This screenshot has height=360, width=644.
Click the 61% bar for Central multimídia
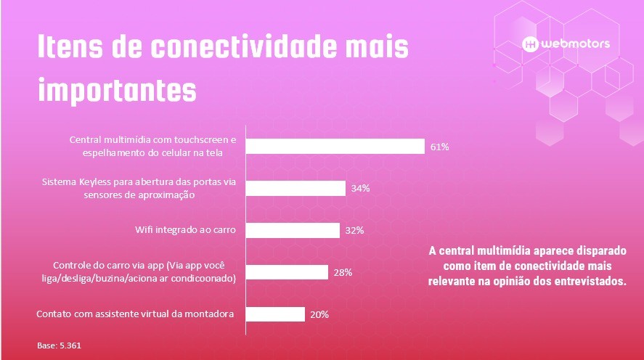point(335,147)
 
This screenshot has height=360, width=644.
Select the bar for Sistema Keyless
point(295,189)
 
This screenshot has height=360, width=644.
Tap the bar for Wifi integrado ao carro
point(293,230)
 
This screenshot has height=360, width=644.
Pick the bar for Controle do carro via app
point(287,272)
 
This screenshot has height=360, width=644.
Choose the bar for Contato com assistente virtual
point(275,314)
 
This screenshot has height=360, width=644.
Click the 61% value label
point(440,147)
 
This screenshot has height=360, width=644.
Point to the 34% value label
point(361,189)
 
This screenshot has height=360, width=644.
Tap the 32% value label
point(354,230)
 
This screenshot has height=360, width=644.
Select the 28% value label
point(343,272)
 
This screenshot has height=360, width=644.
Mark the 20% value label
point(319,314)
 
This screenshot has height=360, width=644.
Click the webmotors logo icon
point(530,44)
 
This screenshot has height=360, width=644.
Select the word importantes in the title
point(117,91)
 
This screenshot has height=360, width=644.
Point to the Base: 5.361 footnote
point(59,345)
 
